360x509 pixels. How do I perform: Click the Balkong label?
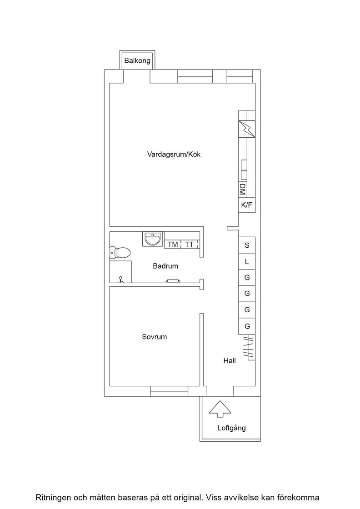pos(137,61)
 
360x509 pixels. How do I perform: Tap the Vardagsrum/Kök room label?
pos(174,154)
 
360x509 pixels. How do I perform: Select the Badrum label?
pos(165,266)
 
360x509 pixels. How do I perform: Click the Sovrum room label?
pos(155,337)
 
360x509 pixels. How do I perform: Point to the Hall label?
pos(230,360)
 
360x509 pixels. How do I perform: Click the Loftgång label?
pos(231,428)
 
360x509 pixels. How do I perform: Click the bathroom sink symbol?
pos(153,239)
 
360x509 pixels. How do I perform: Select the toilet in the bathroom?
pos(120,252)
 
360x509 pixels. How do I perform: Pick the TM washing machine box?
pos(173,244)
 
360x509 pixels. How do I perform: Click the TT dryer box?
pos(190,244)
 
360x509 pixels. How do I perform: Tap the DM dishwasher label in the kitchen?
pos(242,189)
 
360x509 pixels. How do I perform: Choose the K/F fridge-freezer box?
pos(247,205)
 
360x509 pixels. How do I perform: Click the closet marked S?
pos(247,245)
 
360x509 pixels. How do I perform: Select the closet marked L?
pos(247,262)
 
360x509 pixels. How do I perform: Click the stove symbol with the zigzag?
pos(247,129)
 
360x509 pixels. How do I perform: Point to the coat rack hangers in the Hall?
pos(248,347)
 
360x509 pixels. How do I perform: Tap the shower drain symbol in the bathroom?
pos(121,280)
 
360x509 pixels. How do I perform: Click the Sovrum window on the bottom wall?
pos(170,391)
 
